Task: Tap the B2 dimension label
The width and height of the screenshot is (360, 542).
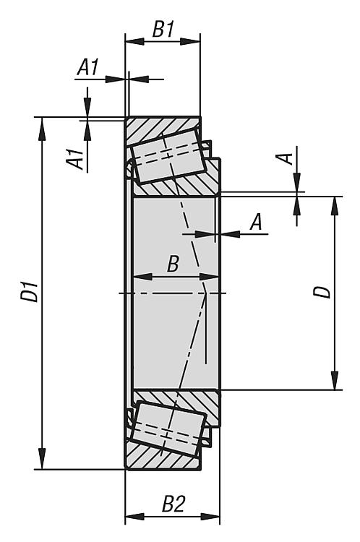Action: (x=173, y=504)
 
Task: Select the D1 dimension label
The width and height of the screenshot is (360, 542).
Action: (x=30, y=291)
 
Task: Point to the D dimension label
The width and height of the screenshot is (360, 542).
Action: (x=322, y=291)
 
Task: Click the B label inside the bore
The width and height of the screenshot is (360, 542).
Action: (x=173, y=264)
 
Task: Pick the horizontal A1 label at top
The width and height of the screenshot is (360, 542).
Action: (x=88, y=66)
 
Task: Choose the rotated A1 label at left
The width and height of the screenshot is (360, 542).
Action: (x=75, y=159)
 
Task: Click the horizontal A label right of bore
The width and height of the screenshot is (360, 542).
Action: (x=256, y=222)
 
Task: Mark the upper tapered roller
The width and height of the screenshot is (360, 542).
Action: (x=168, y=156)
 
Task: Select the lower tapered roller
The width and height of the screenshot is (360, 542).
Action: (x=168, y=428)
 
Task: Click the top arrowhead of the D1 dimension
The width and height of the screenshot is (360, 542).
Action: (x=42, y=129)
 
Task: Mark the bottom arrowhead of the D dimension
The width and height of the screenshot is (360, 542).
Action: (x=335, y=379)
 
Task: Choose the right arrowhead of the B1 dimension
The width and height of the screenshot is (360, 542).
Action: (x=189, y=41)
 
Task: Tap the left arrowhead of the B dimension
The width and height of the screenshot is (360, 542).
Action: (x=144, y=277)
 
